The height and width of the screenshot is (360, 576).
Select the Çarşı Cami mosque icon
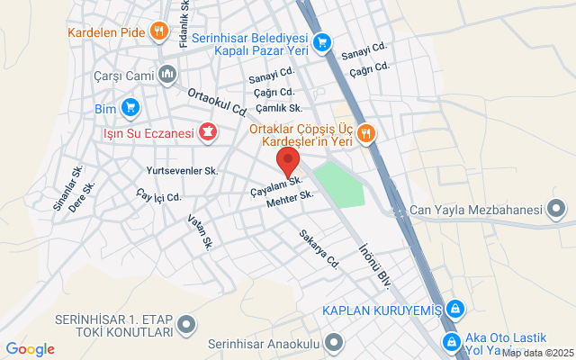[166, 75]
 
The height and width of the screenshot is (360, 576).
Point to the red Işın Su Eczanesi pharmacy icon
[209, 134]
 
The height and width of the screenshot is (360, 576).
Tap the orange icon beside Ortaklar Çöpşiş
[365, 133]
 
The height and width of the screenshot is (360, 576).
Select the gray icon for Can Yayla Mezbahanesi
[558, 211]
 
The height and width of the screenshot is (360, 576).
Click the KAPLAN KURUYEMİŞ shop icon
[455, 310]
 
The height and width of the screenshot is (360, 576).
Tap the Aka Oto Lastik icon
[452, 341]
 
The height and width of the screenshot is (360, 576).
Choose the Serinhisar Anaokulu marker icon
[336, 342]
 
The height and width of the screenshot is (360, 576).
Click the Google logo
[30, 348]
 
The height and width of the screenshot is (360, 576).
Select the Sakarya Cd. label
[319, 249]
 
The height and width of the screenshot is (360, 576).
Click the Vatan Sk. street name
[200, 231]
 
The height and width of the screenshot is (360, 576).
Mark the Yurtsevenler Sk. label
[182, 170]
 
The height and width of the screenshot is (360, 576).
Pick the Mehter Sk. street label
[290, 200]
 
